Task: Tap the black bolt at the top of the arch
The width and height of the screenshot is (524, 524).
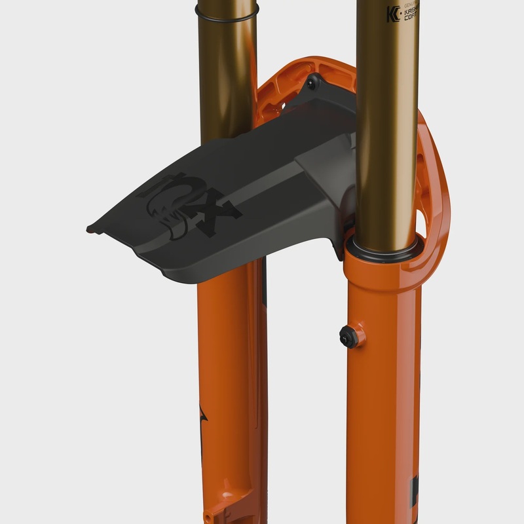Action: pos(312,83)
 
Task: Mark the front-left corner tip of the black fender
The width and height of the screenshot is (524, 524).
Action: pos(90,229)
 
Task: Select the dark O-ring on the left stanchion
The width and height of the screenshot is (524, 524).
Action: pos(226,9)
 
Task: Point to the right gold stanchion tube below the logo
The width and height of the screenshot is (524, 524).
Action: pos(386,131)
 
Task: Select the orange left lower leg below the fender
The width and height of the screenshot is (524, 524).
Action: pos(229,360)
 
